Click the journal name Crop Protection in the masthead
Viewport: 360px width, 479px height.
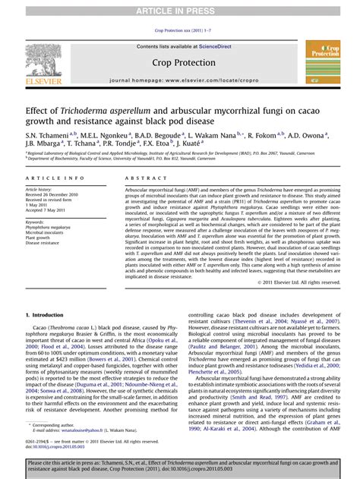click(x=179, y=62)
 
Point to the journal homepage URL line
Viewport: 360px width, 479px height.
click(x=179, y=79)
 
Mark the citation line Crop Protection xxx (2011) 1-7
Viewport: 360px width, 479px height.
click(x=180, y=30)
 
